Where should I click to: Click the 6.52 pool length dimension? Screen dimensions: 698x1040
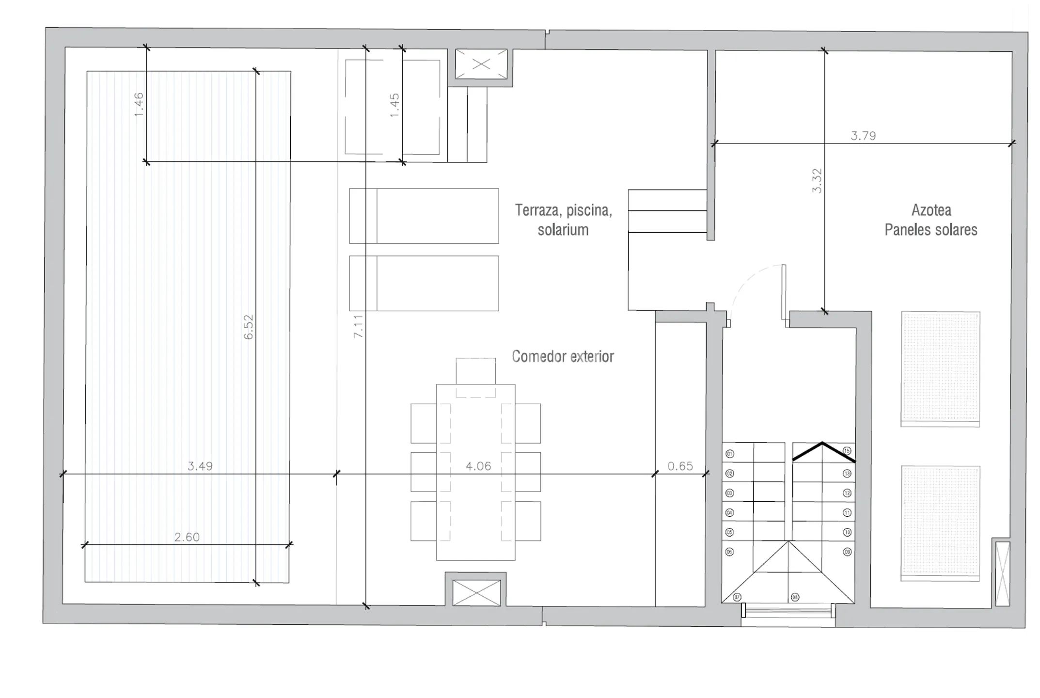pos(248,327)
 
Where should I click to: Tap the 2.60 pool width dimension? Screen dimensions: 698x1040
pos(187,537)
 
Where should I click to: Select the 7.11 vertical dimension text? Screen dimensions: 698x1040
pos(358,326)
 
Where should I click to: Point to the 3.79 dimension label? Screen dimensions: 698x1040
pos(863,136)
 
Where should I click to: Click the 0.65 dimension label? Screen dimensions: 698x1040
pos(680,466)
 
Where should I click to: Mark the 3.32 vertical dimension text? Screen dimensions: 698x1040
pos(817,181)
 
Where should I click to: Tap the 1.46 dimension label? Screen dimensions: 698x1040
pos(139,104)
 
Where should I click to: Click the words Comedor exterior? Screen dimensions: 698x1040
pos(563,357)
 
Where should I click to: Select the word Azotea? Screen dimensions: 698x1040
pos(931,210)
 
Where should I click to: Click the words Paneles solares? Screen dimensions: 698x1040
pos(930,230)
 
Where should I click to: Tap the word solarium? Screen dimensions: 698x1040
pos(563,230)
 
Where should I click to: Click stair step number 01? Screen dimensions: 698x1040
pos(730,454)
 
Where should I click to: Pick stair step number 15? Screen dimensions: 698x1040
pos(847,451)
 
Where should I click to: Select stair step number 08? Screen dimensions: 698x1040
pos(794,597)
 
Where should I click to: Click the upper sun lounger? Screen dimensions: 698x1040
pos(424,216)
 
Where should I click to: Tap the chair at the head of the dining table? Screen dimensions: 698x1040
pos(475,371)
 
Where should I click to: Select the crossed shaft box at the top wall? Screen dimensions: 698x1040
pos(481,64)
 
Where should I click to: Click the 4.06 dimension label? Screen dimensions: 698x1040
pos(478,466)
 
